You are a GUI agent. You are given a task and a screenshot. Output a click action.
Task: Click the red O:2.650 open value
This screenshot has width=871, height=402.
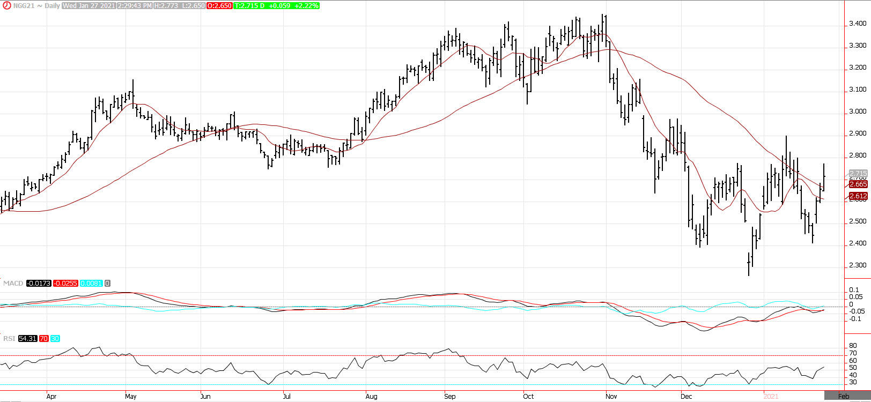(219, 6)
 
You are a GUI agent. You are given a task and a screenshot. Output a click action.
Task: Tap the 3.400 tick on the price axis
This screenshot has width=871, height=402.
(858, 24)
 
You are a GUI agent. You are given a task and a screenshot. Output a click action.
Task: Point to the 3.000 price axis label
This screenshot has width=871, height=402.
(858, 111)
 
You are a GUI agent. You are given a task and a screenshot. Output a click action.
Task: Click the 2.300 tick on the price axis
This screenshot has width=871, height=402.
(858, 265)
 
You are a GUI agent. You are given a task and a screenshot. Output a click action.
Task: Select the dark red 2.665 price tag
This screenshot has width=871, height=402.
(858, 184)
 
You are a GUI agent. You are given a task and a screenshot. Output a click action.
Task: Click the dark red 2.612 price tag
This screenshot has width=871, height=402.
(858, 196)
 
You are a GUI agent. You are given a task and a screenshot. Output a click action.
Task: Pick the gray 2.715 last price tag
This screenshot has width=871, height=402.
(858, 174)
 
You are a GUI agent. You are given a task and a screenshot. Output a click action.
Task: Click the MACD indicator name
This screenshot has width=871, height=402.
(13, 283)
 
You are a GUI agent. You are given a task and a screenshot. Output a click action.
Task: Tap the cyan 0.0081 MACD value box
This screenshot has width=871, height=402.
(91, 283)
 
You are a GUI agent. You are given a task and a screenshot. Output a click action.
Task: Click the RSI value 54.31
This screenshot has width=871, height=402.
(27, 339)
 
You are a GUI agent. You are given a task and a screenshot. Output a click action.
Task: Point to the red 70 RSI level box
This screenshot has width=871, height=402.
(43, 339)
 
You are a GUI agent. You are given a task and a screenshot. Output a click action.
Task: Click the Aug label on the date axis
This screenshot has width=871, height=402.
(371, 397)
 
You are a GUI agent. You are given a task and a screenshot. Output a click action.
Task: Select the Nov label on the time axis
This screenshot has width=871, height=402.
(611, 397)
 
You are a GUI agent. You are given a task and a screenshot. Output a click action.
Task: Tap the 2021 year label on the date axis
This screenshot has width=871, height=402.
(771, 397)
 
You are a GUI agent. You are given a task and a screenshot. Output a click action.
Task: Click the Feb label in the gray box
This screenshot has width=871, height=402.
(844, 397)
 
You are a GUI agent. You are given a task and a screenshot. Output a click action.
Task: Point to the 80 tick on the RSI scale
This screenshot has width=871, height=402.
(852, 346)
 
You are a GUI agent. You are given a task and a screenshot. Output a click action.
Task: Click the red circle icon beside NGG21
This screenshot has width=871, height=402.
(4, 6)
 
